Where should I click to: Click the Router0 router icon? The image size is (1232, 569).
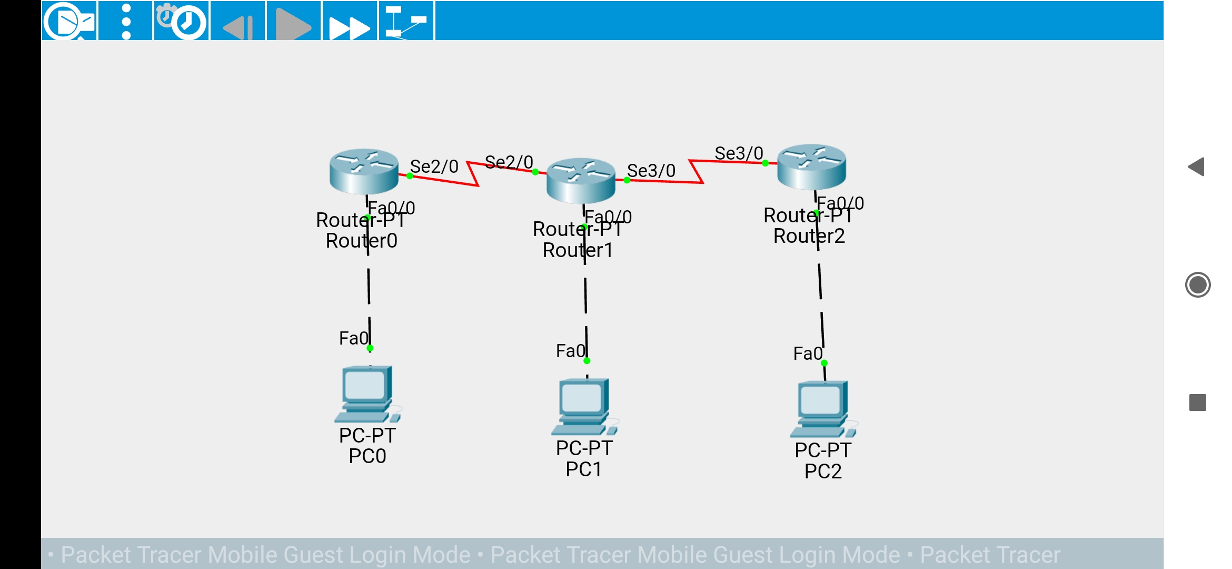click(364, 171)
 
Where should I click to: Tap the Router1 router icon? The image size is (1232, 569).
click(581, 180)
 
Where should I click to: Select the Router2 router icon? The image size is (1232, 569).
click(811, 166)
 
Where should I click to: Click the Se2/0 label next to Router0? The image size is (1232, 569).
click(434, 166)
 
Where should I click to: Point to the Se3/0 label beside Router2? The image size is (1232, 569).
click(739, 153)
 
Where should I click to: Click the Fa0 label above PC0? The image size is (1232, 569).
click(353, 338)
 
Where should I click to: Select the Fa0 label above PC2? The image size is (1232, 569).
click(808, 354)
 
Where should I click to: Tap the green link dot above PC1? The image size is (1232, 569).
click(587, 361)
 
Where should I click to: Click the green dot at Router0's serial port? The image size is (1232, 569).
click(410, 176)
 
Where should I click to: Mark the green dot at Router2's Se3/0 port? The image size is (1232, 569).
click(766, 163)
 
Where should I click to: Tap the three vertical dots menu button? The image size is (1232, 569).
click(126, 22)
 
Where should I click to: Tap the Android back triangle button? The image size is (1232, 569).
click(1197, 167)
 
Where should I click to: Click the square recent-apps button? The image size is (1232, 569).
click(1198, 403)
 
